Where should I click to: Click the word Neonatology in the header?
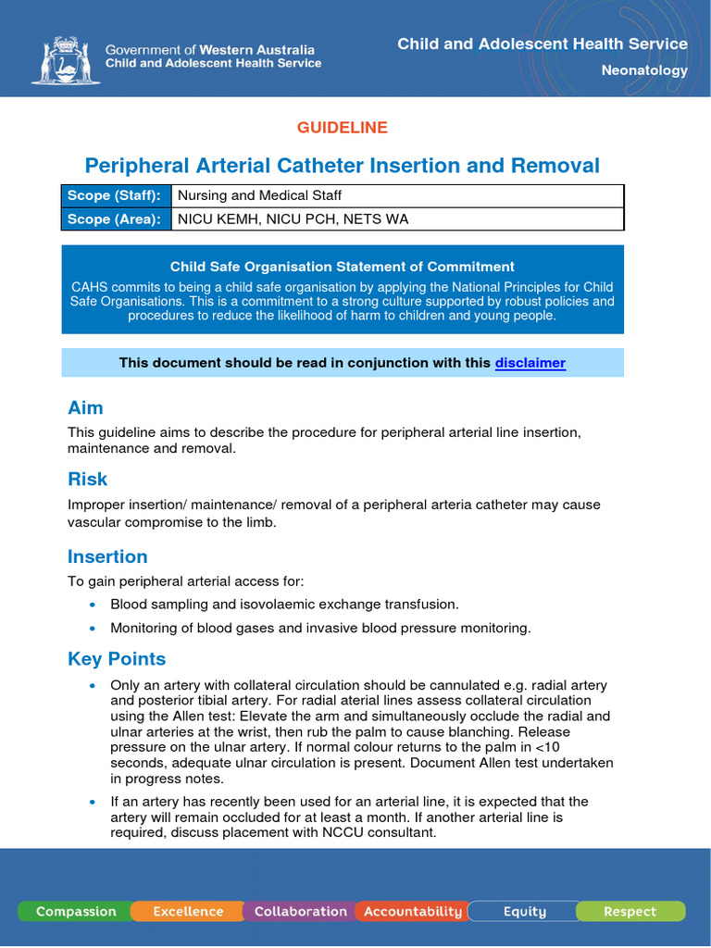click(644, 70)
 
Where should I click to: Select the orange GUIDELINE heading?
click(342, 128)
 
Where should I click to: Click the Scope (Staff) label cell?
click(116, 195)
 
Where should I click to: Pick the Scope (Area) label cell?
click(116, 218)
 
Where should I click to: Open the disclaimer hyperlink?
click(530, 363)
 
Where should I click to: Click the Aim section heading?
click(85, 408)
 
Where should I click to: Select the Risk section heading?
click(87, 479)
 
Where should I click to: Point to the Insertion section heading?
click(107, 556)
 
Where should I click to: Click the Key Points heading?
click(117, 659)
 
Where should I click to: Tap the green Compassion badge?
click(76, 912)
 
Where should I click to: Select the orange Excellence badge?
click(188, 912)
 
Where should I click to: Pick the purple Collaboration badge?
click(300, 912)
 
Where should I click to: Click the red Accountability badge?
click(413, 912)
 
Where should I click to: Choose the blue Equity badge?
click(524, 912)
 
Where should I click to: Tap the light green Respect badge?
click(630, 912)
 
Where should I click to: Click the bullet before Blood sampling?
click(92, 605)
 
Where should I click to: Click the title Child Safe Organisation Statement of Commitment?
click(343, 267)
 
